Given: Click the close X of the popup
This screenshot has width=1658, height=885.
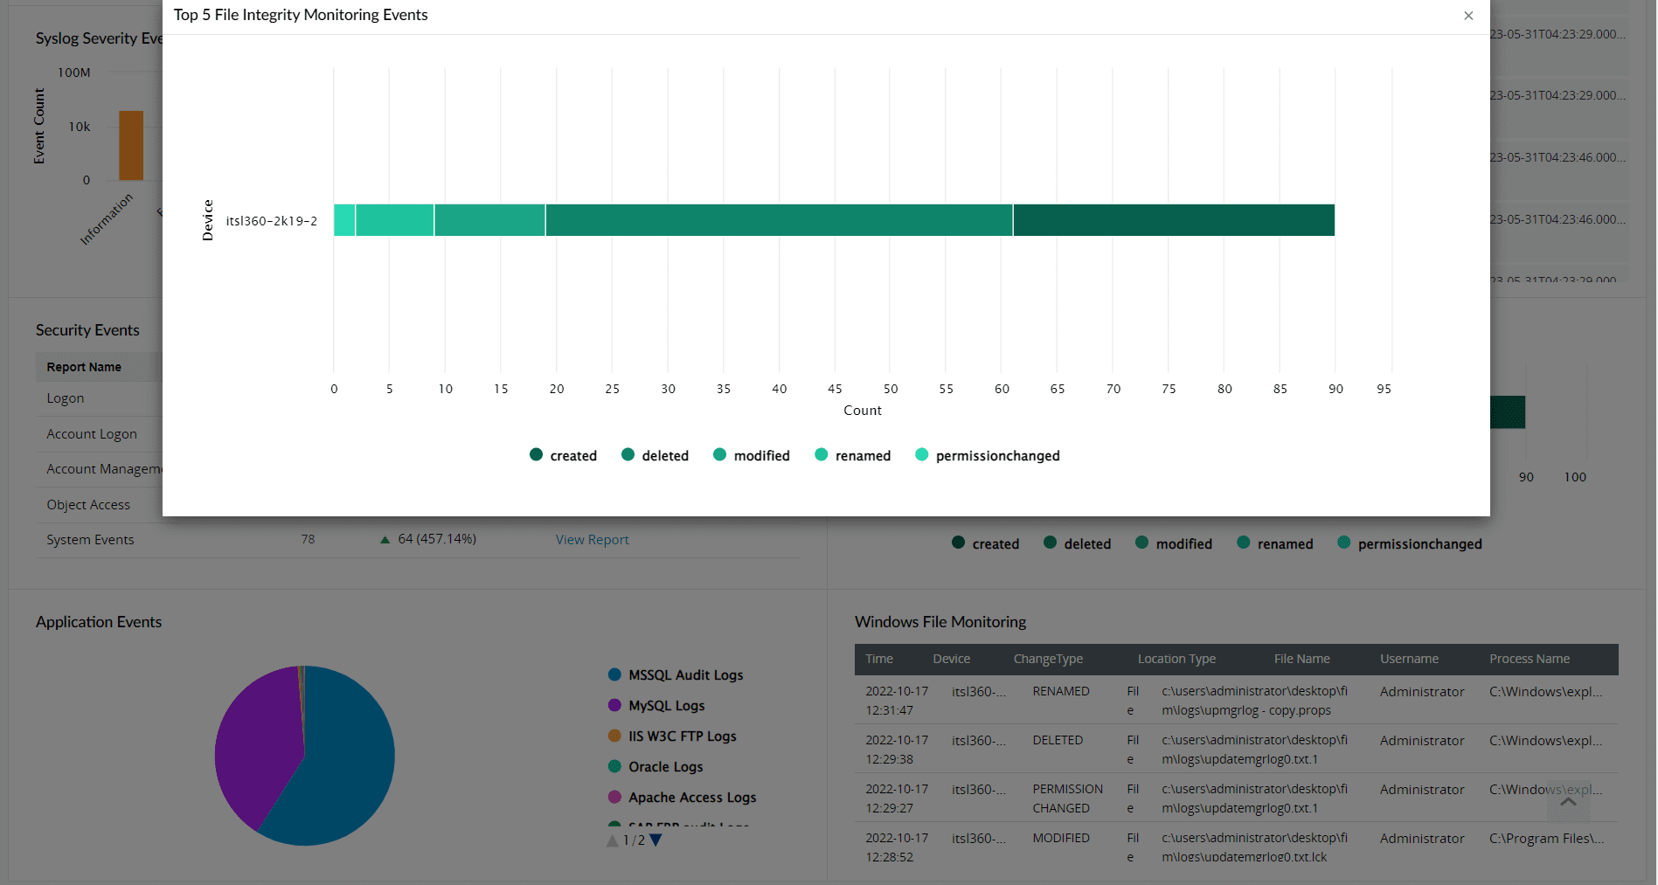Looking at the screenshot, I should [1468, 16].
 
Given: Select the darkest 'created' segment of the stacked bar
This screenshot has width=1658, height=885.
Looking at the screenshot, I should [1173, 220].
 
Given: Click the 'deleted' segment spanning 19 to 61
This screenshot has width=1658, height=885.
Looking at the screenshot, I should [778, 220].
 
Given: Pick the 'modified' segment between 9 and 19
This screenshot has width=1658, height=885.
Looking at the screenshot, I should [489, 220].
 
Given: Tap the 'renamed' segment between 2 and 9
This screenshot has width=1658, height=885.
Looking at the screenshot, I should [394, 220].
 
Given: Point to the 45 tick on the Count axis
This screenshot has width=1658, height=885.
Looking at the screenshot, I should [835, 389].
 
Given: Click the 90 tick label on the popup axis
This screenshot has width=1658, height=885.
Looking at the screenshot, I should [1335, 389].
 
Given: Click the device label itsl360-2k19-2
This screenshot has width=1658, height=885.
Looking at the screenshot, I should [271, 221].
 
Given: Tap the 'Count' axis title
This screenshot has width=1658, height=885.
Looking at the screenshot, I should [862, 411].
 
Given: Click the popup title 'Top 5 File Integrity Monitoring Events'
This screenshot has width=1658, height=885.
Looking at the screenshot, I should [301, 15].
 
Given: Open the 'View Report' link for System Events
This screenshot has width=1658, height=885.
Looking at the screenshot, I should [592, 540].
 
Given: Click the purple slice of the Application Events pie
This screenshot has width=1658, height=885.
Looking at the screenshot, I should [253, 743].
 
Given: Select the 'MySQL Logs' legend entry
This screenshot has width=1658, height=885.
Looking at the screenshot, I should [665, 706].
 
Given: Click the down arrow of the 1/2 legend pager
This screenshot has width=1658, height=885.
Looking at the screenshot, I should [656, 840].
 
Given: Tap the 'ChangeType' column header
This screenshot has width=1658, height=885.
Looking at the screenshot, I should [1047, 659].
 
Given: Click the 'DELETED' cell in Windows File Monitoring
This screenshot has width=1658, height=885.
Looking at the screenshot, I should [1057, 740].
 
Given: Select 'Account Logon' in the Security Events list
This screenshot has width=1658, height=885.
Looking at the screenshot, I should [92, 434].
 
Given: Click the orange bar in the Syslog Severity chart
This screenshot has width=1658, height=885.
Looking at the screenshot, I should [131, 145].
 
